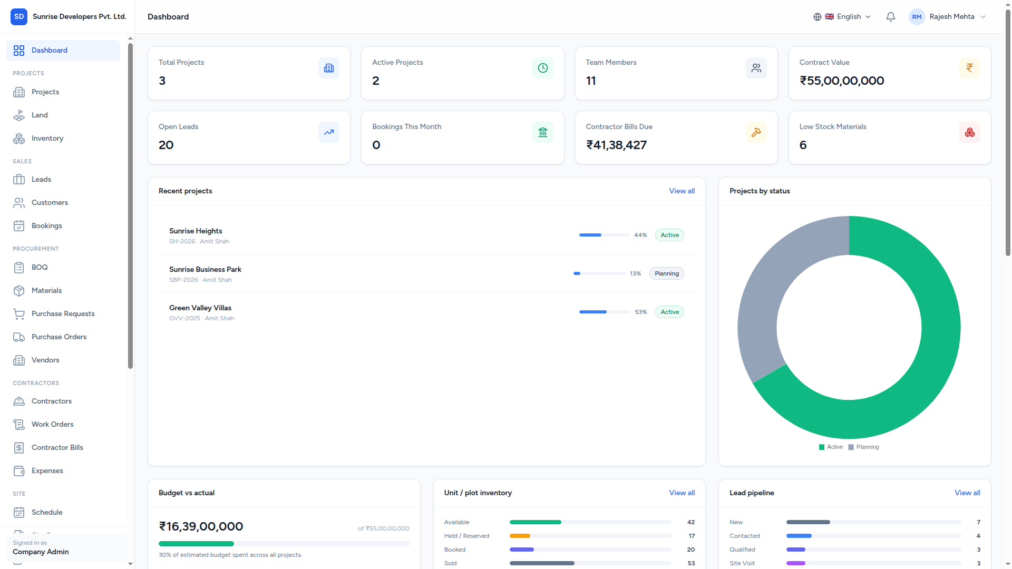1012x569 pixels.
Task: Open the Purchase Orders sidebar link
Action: pos(59,337)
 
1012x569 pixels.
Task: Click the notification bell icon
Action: pos(891,17)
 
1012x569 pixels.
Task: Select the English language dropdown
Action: pos(842,17)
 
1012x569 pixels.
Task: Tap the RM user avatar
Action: pos(917,17)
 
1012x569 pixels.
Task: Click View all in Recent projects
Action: pos(682,191)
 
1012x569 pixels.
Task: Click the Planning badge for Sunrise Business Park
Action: pos(667,273)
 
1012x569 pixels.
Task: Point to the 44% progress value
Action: pos(640,235)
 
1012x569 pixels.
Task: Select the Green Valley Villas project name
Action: pos(200,308)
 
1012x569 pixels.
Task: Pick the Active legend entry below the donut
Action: pos(831,447)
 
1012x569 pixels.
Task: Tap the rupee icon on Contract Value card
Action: pos(970,68)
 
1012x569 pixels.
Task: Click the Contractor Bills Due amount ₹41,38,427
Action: pos(616,145)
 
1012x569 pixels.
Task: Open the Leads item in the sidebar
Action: pos(41,179)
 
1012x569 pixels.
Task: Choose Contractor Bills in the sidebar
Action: pos(57,447)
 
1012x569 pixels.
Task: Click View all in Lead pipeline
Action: pos(968,493)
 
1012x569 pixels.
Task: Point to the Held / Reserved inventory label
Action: pos(466,536)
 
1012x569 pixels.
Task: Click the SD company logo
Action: pos(19,17)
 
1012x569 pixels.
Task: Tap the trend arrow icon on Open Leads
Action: pos(329,132)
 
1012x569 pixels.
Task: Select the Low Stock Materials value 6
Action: pos(803,145)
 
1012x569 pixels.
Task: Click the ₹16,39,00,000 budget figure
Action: pos(201,526)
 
